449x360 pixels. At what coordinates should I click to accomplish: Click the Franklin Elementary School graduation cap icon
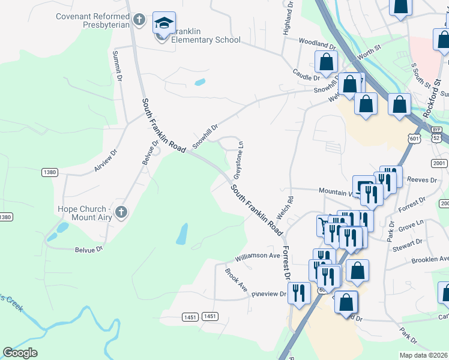coord(164,24)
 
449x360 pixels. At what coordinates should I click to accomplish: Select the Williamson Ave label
coord(258,256)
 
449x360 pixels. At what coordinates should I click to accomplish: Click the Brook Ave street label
coord(236,280)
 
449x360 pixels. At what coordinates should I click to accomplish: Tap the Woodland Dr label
coord(318,45)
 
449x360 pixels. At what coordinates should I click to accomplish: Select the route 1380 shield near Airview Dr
coord(50,172)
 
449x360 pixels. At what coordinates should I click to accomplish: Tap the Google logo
coord(20,352)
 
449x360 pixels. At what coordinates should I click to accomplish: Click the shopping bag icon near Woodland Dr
coord(326,62)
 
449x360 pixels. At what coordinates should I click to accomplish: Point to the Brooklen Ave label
coord(430,260)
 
